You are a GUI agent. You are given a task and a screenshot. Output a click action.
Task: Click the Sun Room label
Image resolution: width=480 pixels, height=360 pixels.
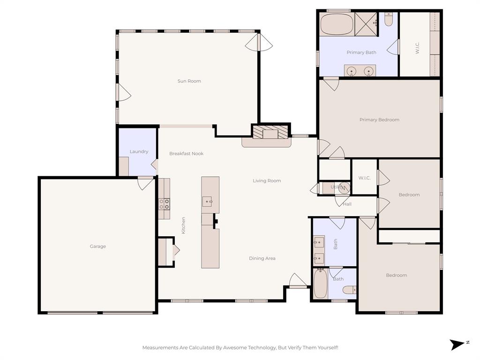click(189, 81)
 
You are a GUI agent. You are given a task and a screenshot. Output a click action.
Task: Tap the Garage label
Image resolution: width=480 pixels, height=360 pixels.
click(98, 246)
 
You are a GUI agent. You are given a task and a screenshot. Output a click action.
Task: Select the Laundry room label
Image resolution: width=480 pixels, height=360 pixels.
click(139, 151)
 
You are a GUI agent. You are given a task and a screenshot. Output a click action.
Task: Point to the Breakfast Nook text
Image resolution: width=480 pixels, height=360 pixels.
click(186, 153)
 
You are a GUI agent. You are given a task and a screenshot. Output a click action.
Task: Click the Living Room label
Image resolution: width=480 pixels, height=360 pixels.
click(267, 180)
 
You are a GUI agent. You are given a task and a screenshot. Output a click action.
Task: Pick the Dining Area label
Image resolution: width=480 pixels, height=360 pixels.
click(262, 258)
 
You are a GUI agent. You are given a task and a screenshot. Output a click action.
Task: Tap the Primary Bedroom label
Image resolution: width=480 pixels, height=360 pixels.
click(379, 120)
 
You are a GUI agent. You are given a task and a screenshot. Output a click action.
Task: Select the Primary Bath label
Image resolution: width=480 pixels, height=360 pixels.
click(361, 52)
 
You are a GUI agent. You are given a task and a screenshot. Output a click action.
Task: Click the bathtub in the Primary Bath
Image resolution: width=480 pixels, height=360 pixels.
click(336, 24)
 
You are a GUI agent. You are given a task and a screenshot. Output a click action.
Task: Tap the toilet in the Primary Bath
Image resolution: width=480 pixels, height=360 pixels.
click(389, 20)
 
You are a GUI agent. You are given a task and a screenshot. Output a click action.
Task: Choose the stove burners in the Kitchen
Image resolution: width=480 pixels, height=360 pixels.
click(164, 204)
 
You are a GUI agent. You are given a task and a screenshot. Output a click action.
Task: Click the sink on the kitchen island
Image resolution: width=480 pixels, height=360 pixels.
click(208, 202)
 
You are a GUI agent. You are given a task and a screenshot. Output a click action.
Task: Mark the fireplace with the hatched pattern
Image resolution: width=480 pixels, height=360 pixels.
click(271, 132)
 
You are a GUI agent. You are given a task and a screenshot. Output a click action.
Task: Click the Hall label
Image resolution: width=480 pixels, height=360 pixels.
click(347, 204)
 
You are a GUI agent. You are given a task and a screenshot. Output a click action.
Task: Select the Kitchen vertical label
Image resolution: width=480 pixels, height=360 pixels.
click(183, 225)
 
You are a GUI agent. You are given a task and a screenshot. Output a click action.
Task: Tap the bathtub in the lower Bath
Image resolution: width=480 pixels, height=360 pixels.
click(320, 284)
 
